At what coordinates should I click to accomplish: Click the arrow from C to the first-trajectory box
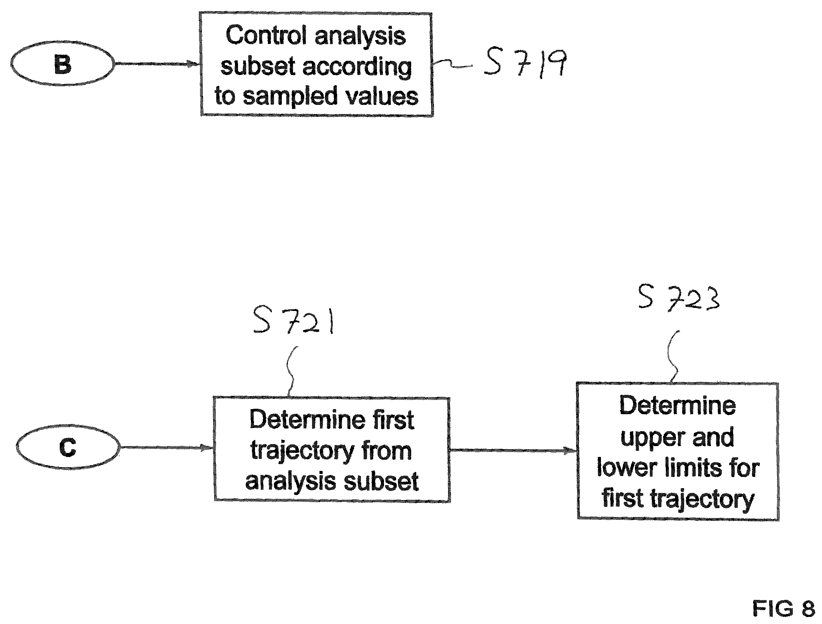167,447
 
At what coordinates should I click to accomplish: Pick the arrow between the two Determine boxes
513,451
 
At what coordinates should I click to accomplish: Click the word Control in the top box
266,35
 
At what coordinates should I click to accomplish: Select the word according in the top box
357,67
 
